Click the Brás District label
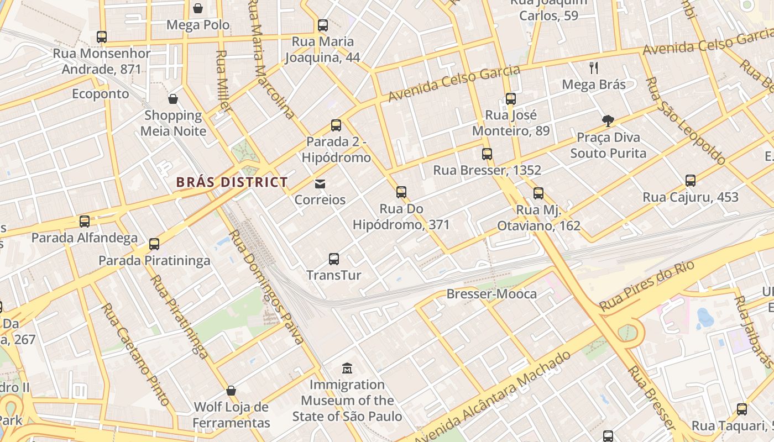pyautogui.click(x=232, y=182)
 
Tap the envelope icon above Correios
pyautogui.click(x=320, y=184)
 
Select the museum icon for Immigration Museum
pyautogui.click(x=347, y=368)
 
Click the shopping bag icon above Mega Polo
pyautogui.click(x=198, y=8)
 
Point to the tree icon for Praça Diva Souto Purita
pyautogui.click(x=608, y=121)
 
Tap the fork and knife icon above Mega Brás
pyautogui.click(x=594, y=68)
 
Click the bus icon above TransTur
pyautogui.click(x=334, y=259)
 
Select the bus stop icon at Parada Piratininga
pyautogui.click(x=154, y=244)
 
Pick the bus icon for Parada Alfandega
pyautogui.click(x=85, y=221)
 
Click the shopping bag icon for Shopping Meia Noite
pyautogui.click(x=173, y=99)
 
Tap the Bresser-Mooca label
pyautogui.click(x=491, y=294)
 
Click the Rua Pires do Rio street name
pyautogui.click(x=646, y=286)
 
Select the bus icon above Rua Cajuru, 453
pyautogui.click(x=690, y=180)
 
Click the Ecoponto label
pyautogui.click(x=101, y=94)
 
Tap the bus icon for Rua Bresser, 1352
pyautogui.click(x=487, y=154)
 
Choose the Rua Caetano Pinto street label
pyautogui.click(x=135, y=354)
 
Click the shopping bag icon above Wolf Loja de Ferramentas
pyautogui.click(x=231, y=391)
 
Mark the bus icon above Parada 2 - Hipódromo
pyautogui.click(x=336, y=125)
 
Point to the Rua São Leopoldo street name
pyautogui.click(x=685, y=121)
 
